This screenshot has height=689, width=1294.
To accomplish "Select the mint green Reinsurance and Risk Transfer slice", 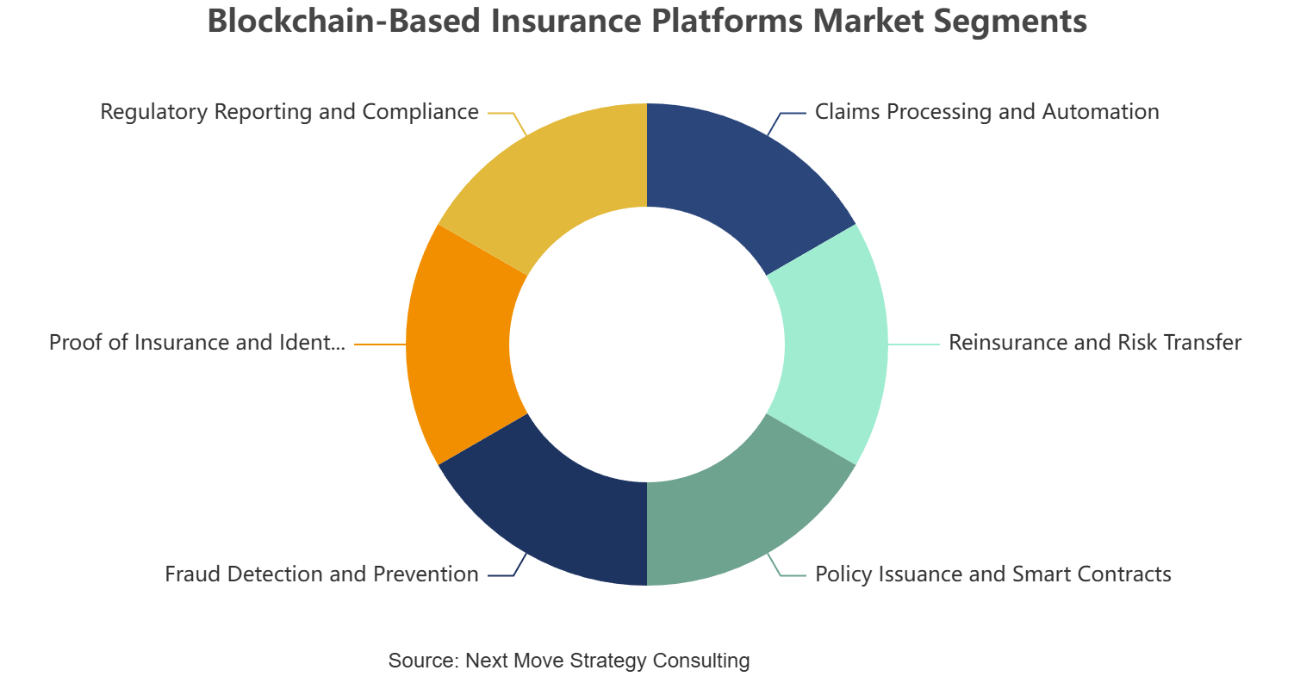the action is [x=836, y=344].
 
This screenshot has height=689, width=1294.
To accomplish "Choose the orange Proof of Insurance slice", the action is [x=458, y=344].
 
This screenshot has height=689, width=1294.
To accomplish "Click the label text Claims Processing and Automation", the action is [x=986, y=112].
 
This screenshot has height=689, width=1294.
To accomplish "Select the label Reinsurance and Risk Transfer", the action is [x=1095, y=343].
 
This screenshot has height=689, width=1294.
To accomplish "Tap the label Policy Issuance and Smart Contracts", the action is [x=993, y=574].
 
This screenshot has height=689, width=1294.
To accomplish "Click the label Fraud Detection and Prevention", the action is [x=321, y=574].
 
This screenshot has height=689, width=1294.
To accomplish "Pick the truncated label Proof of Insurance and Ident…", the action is [x=197, y=343].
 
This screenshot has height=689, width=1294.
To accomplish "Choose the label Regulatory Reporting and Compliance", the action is [x=289, y=112].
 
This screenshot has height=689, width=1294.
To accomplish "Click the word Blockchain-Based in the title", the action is [x=345, y=21].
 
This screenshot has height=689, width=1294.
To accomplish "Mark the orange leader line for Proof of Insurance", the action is [x=380, y=344].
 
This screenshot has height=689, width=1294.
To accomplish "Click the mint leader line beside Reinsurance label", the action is [x=914, y=344].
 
